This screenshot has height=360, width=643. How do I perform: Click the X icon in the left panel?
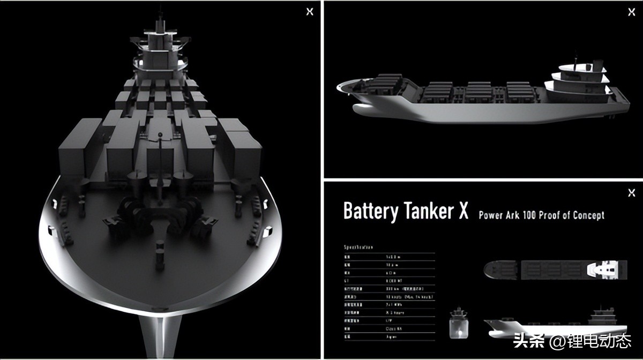click(310, 12)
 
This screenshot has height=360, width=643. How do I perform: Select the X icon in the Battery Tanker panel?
click(632, 193)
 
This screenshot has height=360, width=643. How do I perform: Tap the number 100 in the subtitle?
click(534, 215)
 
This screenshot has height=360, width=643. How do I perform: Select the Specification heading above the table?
click(358, 247)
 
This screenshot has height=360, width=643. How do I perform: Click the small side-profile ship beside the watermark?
click(555, 324)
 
